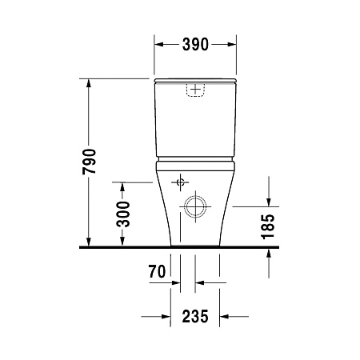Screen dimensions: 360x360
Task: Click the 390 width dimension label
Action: pos(194,45)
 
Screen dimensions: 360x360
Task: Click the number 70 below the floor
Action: pos(157,273)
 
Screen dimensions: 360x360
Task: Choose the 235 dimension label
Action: pos(194,317)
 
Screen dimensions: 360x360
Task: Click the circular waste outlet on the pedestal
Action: pos(194,207)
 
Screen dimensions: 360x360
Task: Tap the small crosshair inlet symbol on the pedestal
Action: pos(182,179)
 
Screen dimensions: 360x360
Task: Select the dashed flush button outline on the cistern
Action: pos(195,89)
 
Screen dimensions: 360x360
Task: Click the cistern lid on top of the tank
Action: pos(195,80)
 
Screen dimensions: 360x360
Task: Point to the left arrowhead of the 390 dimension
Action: pos(158,45)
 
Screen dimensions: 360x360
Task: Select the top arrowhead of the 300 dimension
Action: pos(122,186)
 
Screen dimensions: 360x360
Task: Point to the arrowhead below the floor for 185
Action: pos(270,253)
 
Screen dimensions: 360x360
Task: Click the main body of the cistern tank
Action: pos(195,120)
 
